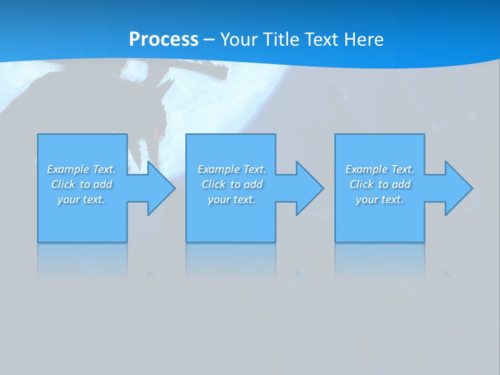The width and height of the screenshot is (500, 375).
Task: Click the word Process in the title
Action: pos(164,40)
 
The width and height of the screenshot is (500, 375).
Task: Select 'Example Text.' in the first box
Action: pos(81,169)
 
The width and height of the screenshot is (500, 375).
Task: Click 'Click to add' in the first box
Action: pos(81,184)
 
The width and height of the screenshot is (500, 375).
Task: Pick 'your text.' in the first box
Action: pos(81,199)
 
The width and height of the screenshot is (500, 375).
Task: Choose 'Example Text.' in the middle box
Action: pos(232,169)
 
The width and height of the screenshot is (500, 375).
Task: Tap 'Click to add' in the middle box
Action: pos(232,184)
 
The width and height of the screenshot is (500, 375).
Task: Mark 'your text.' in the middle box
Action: pos(232,199)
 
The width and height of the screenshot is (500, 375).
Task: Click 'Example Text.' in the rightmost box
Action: pos(380,169)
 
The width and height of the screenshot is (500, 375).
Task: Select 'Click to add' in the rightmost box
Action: pos(380,184)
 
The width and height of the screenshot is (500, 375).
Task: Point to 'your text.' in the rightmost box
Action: pos(380,199)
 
